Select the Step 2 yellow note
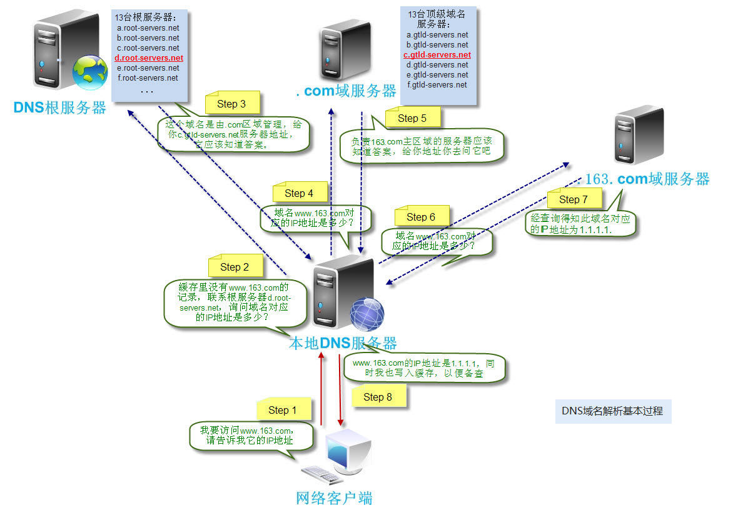point(235,267)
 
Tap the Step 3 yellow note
point(231,104)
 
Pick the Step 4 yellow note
point(299,193)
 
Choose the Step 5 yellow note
point(412,117)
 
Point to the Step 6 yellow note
point(421,217)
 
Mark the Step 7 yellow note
point(574,199)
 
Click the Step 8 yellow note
point(378,397)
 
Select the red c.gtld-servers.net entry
point(437,55)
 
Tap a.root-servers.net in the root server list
point(148,28)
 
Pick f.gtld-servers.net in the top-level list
point(437,84)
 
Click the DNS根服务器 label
point(60,107)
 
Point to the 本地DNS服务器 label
point(342,342)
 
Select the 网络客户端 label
point(334,498)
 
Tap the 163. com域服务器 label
point(647,179)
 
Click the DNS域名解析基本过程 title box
point(613,411)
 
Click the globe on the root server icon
point(89,72)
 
